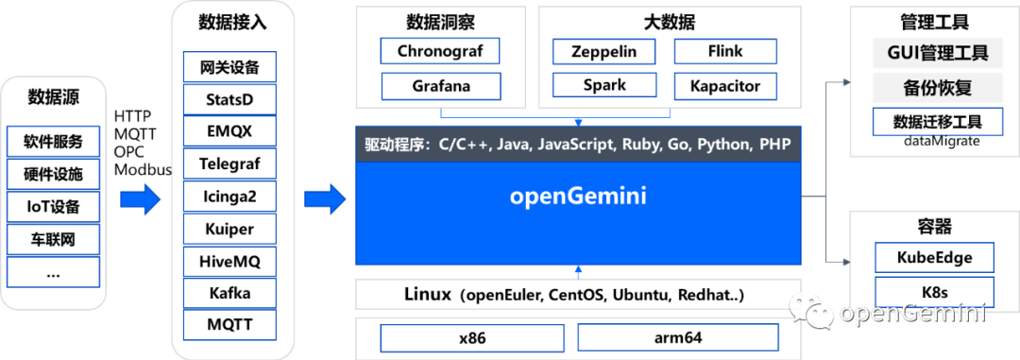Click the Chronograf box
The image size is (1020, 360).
click(x=439, y=51)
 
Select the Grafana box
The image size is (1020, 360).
click(x=439, y=86)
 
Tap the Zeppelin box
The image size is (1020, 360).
click(x=605, y=51)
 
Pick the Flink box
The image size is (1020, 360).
click(x=724, y=51)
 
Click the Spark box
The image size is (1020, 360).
click(x=605, y=86)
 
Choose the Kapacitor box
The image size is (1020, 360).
click(x=724, y=86)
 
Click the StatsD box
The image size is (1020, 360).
click(x=229, y=99)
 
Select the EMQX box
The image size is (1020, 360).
click(x=229, y=131)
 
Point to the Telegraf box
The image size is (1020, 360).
click(x=229, y=164)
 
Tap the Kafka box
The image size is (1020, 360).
click(x=229, y=293)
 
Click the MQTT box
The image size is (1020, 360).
click(x=229, y=325)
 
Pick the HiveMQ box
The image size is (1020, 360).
click(x=229, y=261)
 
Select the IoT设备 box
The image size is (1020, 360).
click(x=53, y=207)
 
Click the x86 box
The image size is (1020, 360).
click(x=471, y=337)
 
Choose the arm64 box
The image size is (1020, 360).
click(x=677, y=337)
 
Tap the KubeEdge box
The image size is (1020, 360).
click(x=934, y=257)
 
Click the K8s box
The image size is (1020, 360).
click(x=934, y=290)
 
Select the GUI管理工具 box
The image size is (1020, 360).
click(x=937, y=53)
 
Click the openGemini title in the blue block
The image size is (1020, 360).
click(x=578, y=197)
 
